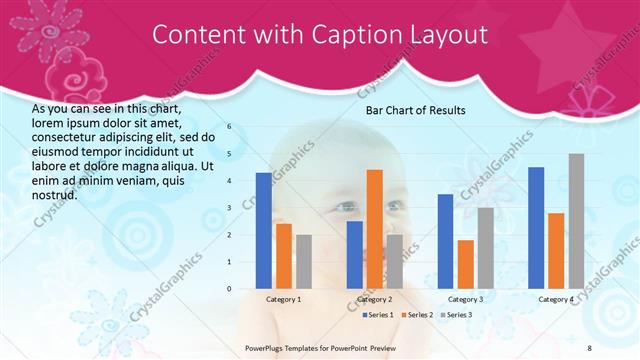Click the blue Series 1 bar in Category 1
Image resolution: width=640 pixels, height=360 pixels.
coord(263,231)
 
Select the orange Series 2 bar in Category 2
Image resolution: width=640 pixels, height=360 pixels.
coord(374,229)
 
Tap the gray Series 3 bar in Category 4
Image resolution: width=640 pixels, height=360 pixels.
coord(576,221)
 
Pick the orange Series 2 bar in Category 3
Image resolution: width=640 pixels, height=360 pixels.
coord(465,264)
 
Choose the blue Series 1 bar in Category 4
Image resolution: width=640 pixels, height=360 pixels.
coord(536,228)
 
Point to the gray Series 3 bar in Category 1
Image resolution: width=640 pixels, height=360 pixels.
coord(303,262)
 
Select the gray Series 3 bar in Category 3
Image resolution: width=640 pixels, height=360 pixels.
coord(485,248)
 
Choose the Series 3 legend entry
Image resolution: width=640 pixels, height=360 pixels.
coord(457,315)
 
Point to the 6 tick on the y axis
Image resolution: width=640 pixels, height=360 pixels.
coord(229,127)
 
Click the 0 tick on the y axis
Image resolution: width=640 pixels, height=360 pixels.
coord(229,289)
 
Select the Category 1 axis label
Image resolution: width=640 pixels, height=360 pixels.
coord(283,299)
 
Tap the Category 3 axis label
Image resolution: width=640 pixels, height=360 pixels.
coord(465,299)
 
